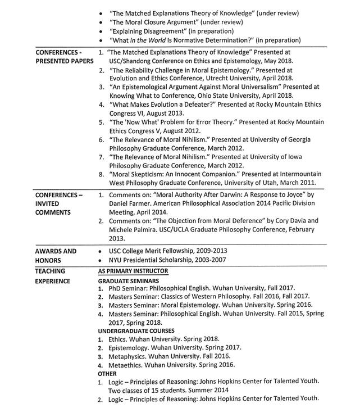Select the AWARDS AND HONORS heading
[x=56, y=256]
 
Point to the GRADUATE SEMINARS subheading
[x=128, y=280]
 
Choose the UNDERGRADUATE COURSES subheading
[x=136, y=331]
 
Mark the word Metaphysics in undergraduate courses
[x=130, y=356]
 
